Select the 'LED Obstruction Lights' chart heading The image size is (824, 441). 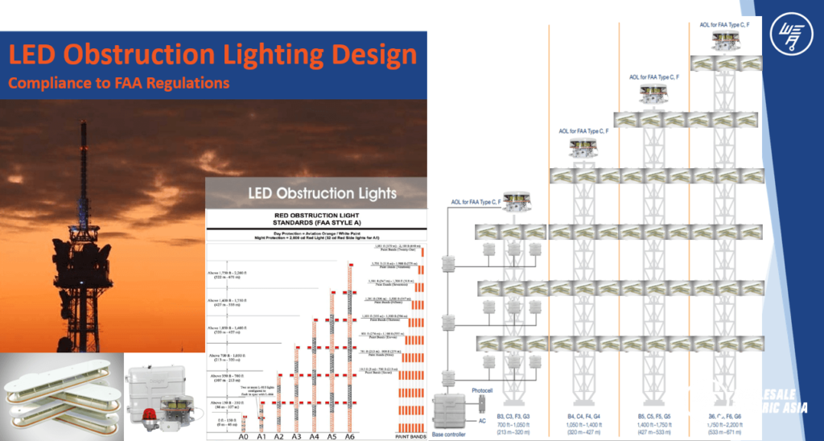312,193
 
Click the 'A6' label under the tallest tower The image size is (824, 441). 348,436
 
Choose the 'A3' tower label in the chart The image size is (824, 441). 297,436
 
